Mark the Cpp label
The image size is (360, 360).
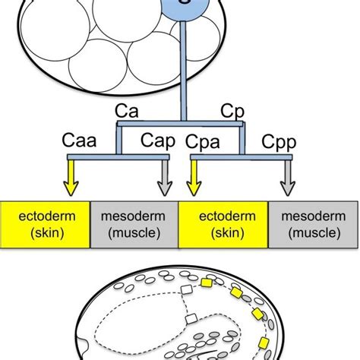(278, 142)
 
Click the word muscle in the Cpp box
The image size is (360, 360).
(313, 235)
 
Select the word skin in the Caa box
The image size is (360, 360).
(45, 235)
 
